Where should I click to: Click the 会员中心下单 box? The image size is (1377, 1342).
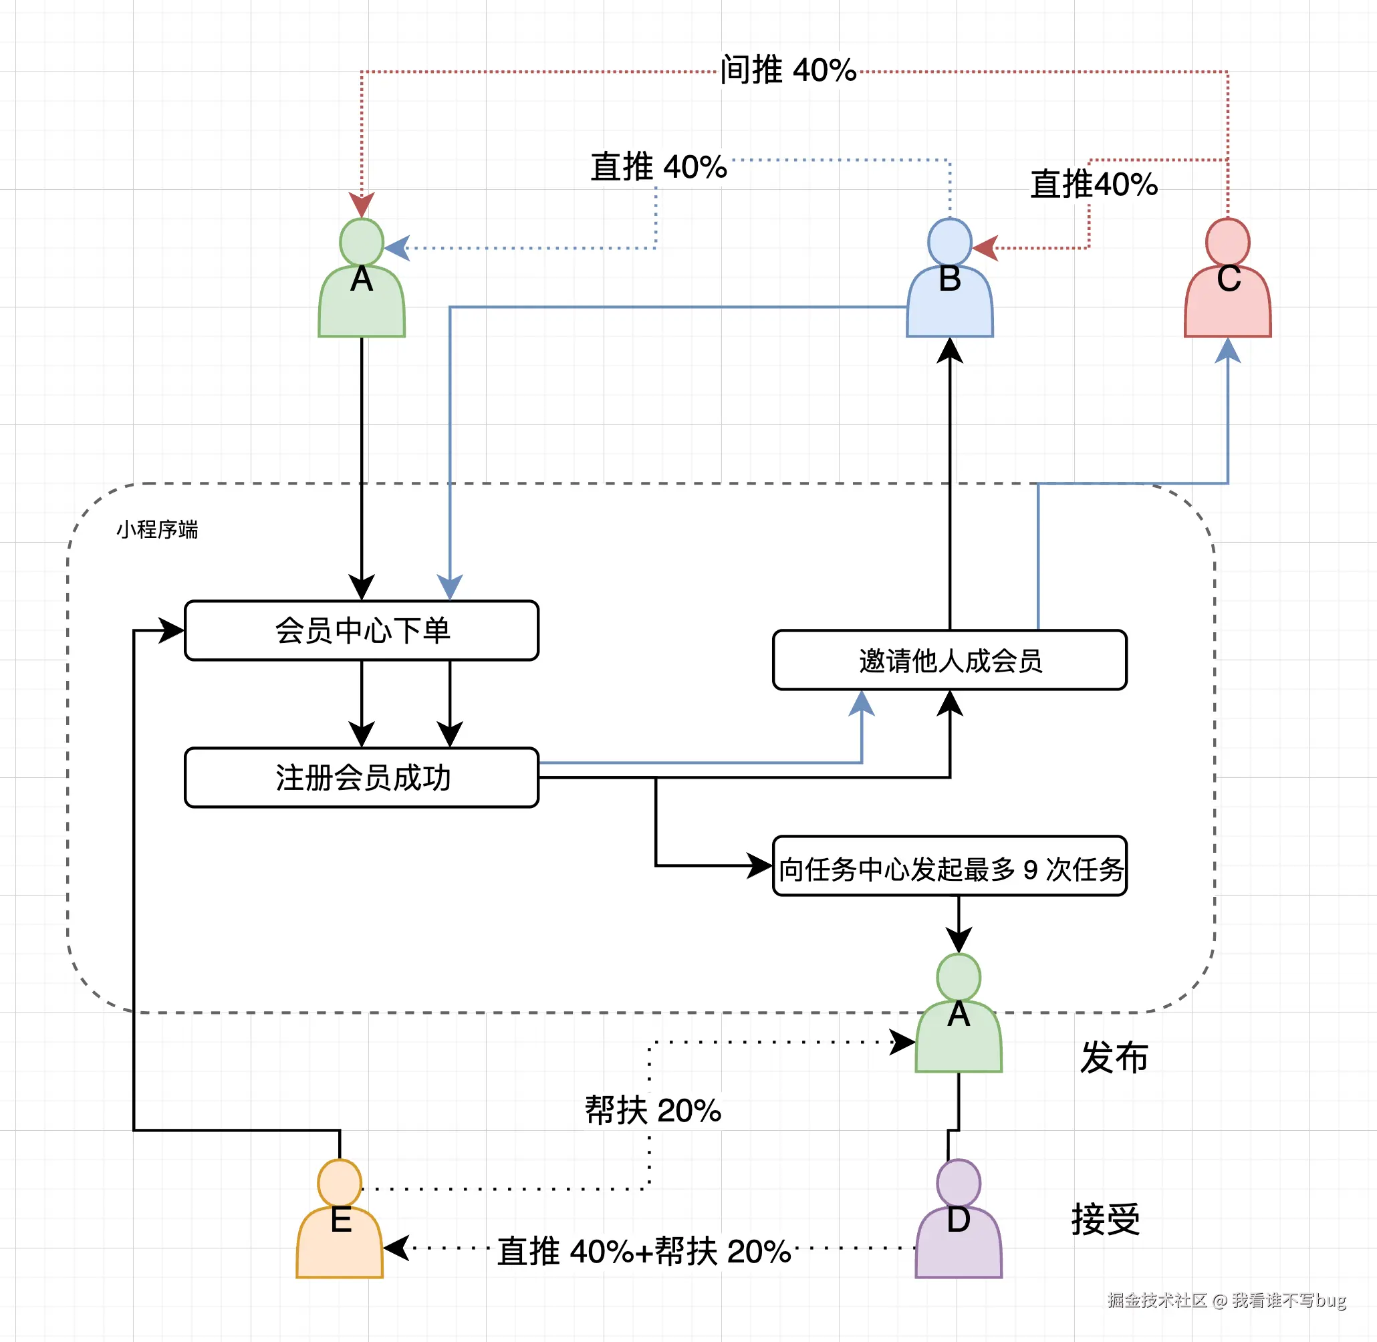[x=361, y=630]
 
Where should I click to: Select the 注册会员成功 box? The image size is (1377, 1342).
[x=361, y=777]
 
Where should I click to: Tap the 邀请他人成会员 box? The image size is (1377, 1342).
[x=949, y=660]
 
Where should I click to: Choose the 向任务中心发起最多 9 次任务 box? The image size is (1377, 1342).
[x=949, y=866]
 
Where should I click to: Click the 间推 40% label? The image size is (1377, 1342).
[x=787, y=70]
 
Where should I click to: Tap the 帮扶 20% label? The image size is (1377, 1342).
[x=652, y=1110]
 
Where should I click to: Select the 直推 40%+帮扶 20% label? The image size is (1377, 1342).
[x=644, y=1251]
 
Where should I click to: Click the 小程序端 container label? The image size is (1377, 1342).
[x=156, y=529]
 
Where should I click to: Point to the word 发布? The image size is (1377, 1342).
[x=1114, y=1057]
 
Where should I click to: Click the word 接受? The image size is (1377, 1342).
[x=1106, y=1219]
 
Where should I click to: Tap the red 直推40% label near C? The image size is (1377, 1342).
[x=1094, y=184]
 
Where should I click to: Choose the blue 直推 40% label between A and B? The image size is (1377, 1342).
[x=658, y=167]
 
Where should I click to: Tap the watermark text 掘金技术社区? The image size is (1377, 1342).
[x=1156, y=1301]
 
